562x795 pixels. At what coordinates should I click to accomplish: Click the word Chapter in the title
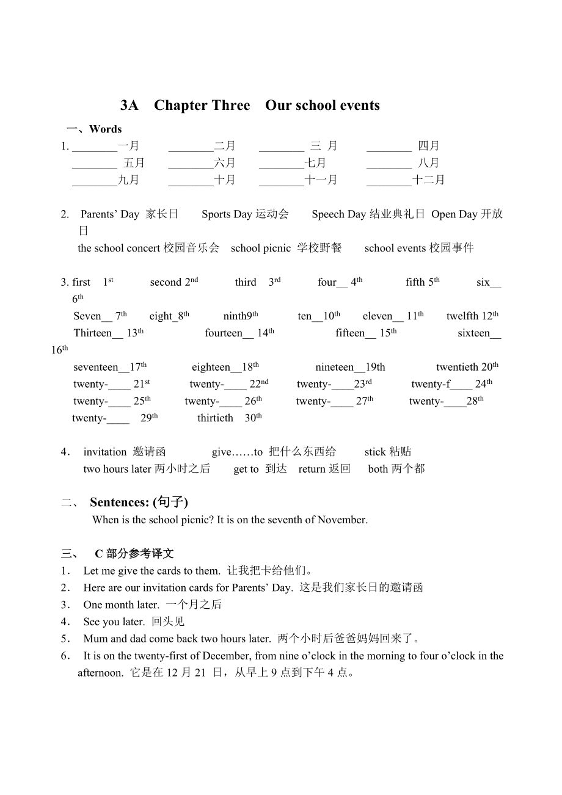click(181, 106)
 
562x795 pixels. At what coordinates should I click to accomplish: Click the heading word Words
click(105, 129)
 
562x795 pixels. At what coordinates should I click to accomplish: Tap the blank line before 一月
click(95, 147)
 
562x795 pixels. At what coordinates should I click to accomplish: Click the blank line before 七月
click(282, 164)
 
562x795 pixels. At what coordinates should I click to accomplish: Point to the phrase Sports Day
click(227, 214)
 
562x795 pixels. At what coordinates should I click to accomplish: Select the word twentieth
click(457, 367)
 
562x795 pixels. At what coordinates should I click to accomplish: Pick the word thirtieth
click(215, 418)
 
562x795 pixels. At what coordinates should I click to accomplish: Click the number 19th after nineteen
click(375, 367)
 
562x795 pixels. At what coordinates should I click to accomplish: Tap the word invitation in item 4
click(105, 452)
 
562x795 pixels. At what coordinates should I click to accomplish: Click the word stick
click(375, 452)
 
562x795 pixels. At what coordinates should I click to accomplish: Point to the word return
click(312, 469)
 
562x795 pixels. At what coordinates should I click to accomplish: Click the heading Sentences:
click(120, 502)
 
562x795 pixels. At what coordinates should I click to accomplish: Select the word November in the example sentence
click(345, 520)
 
